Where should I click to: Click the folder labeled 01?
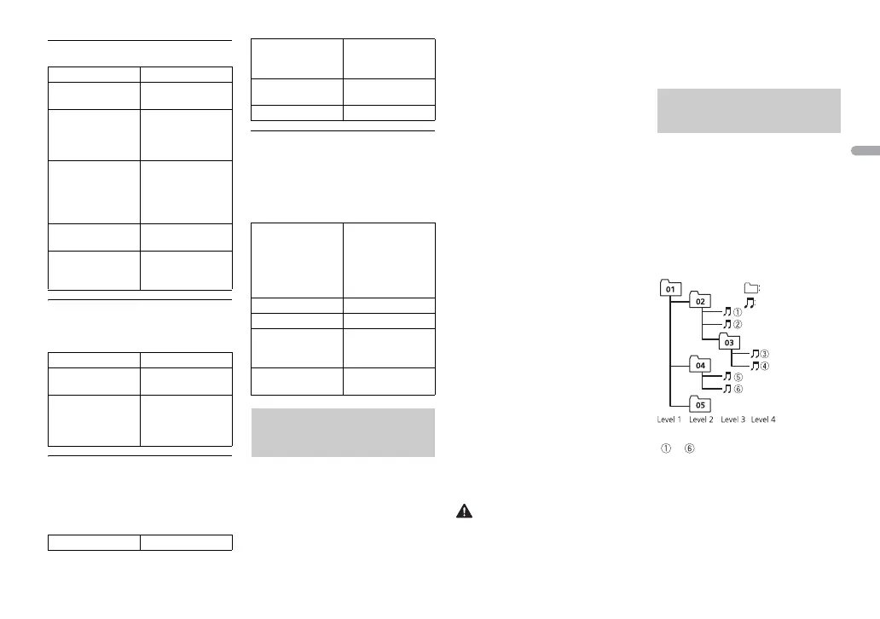pyautogui.click(x=670, y=289)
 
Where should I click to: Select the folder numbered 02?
pyautogui.click(x=699, y=301)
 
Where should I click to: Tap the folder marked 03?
pyautogui.click(x=728, y=341)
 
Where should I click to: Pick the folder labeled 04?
pyautogui.click(x=699, y=364)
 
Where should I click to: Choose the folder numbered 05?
pyautogui.click(x=699, y=404)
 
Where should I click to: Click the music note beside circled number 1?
pyautogui.click(x=727, y=313)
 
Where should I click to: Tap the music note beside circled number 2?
pyautogui.click(x=727, y=325)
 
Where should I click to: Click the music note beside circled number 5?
pyautogui.click(x=727, y=376)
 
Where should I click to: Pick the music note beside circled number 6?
pyautogui.click(x=727, y=389)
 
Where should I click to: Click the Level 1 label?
pyautogui.click(x=669, y=419)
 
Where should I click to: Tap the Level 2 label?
pyautogui.click(x=701, y=419)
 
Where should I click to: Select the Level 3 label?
pyautogui.click(x=733, y=419)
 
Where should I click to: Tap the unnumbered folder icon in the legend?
pyautogui.click(x=750, y=288)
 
